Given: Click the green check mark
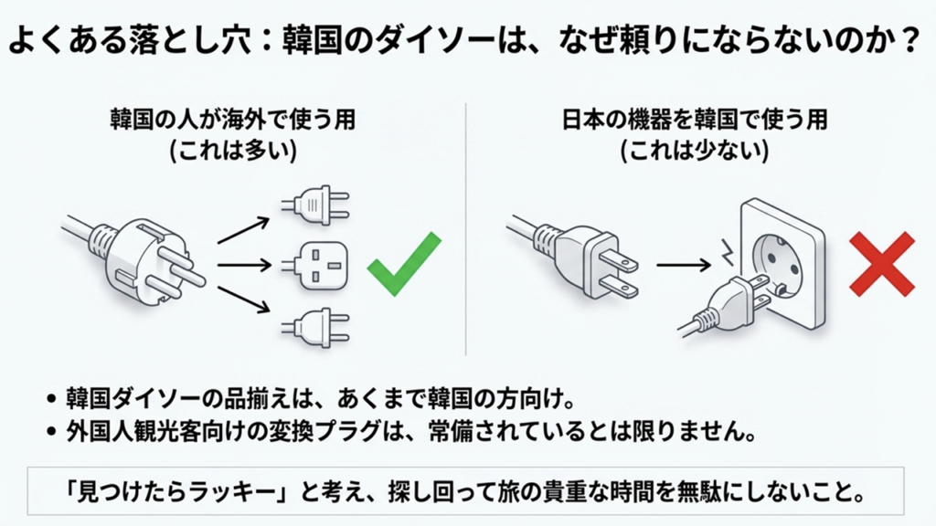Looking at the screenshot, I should (x=403, y=264).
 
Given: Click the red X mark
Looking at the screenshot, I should (x=881, y=264).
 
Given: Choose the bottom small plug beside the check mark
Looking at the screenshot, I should (x=315, y=326).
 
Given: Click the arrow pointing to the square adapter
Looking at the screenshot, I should (x=244, y=266).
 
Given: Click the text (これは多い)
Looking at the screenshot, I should (x=234, y=152).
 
